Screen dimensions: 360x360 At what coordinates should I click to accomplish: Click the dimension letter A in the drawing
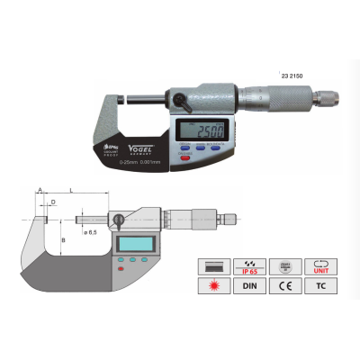click(x=39, y=191)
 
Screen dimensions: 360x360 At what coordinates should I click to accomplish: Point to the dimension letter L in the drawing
click(x=71, y=191)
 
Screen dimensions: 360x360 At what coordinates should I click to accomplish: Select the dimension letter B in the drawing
click(x=61, y=240)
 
